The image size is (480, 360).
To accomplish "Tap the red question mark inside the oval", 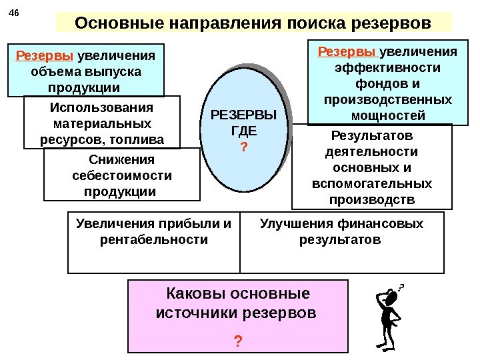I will (243, 146).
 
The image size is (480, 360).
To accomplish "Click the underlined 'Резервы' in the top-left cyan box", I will (37, 56).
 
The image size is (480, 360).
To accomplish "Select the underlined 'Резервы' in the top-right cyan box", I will (340, 52).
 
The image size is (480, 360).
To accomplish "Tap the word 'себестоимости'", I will (121, 176).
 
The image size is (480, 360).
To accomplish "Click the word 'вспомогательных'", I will (372, 183).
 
